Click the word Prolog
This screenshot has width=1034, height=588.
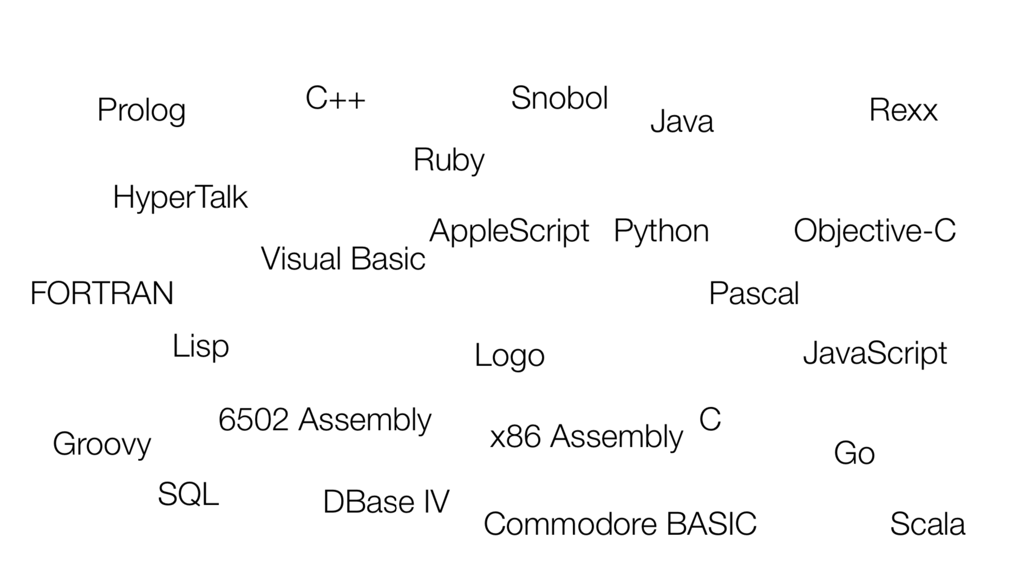tap(141, 111)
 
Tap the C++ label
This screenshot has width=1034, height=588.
tap(335, 99)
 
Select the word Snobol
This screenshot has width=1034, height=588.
tap(560, 98)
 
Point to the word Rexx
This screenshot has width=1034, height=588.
tap(903, 110)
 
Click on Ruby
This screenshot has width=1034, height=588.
tap(449, 161)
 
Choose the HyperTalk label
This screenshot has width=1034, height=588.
tap(180, 198)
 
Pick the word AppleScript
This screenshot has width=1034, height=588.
tap(509, 232)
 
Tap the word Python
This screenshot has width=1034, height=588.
tap(661, 232)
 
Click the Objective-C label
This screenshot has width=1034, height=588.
tap(875, 231)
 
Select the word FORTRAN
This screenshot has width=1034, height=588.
tap(102, 293)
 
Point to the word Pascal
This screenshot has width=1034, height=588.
tap(754, 293)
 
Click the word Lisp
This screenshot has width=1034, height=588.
tap(201, 347)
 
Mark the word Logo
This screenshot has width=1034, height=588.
tap(509, 356)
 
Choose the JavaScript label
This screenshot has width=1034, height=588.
tap(875, 354)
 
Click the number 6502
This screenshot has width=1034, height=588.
tap(253, 420)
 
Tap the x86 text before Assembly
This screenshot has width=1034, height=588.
tap(515, 436)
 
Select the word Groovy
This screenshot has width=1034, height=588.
tap(102, 445)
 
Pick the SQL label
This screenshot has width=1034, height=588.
tap(188, 494)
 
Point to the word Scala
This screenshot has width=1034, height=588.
tap(927, 524)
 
